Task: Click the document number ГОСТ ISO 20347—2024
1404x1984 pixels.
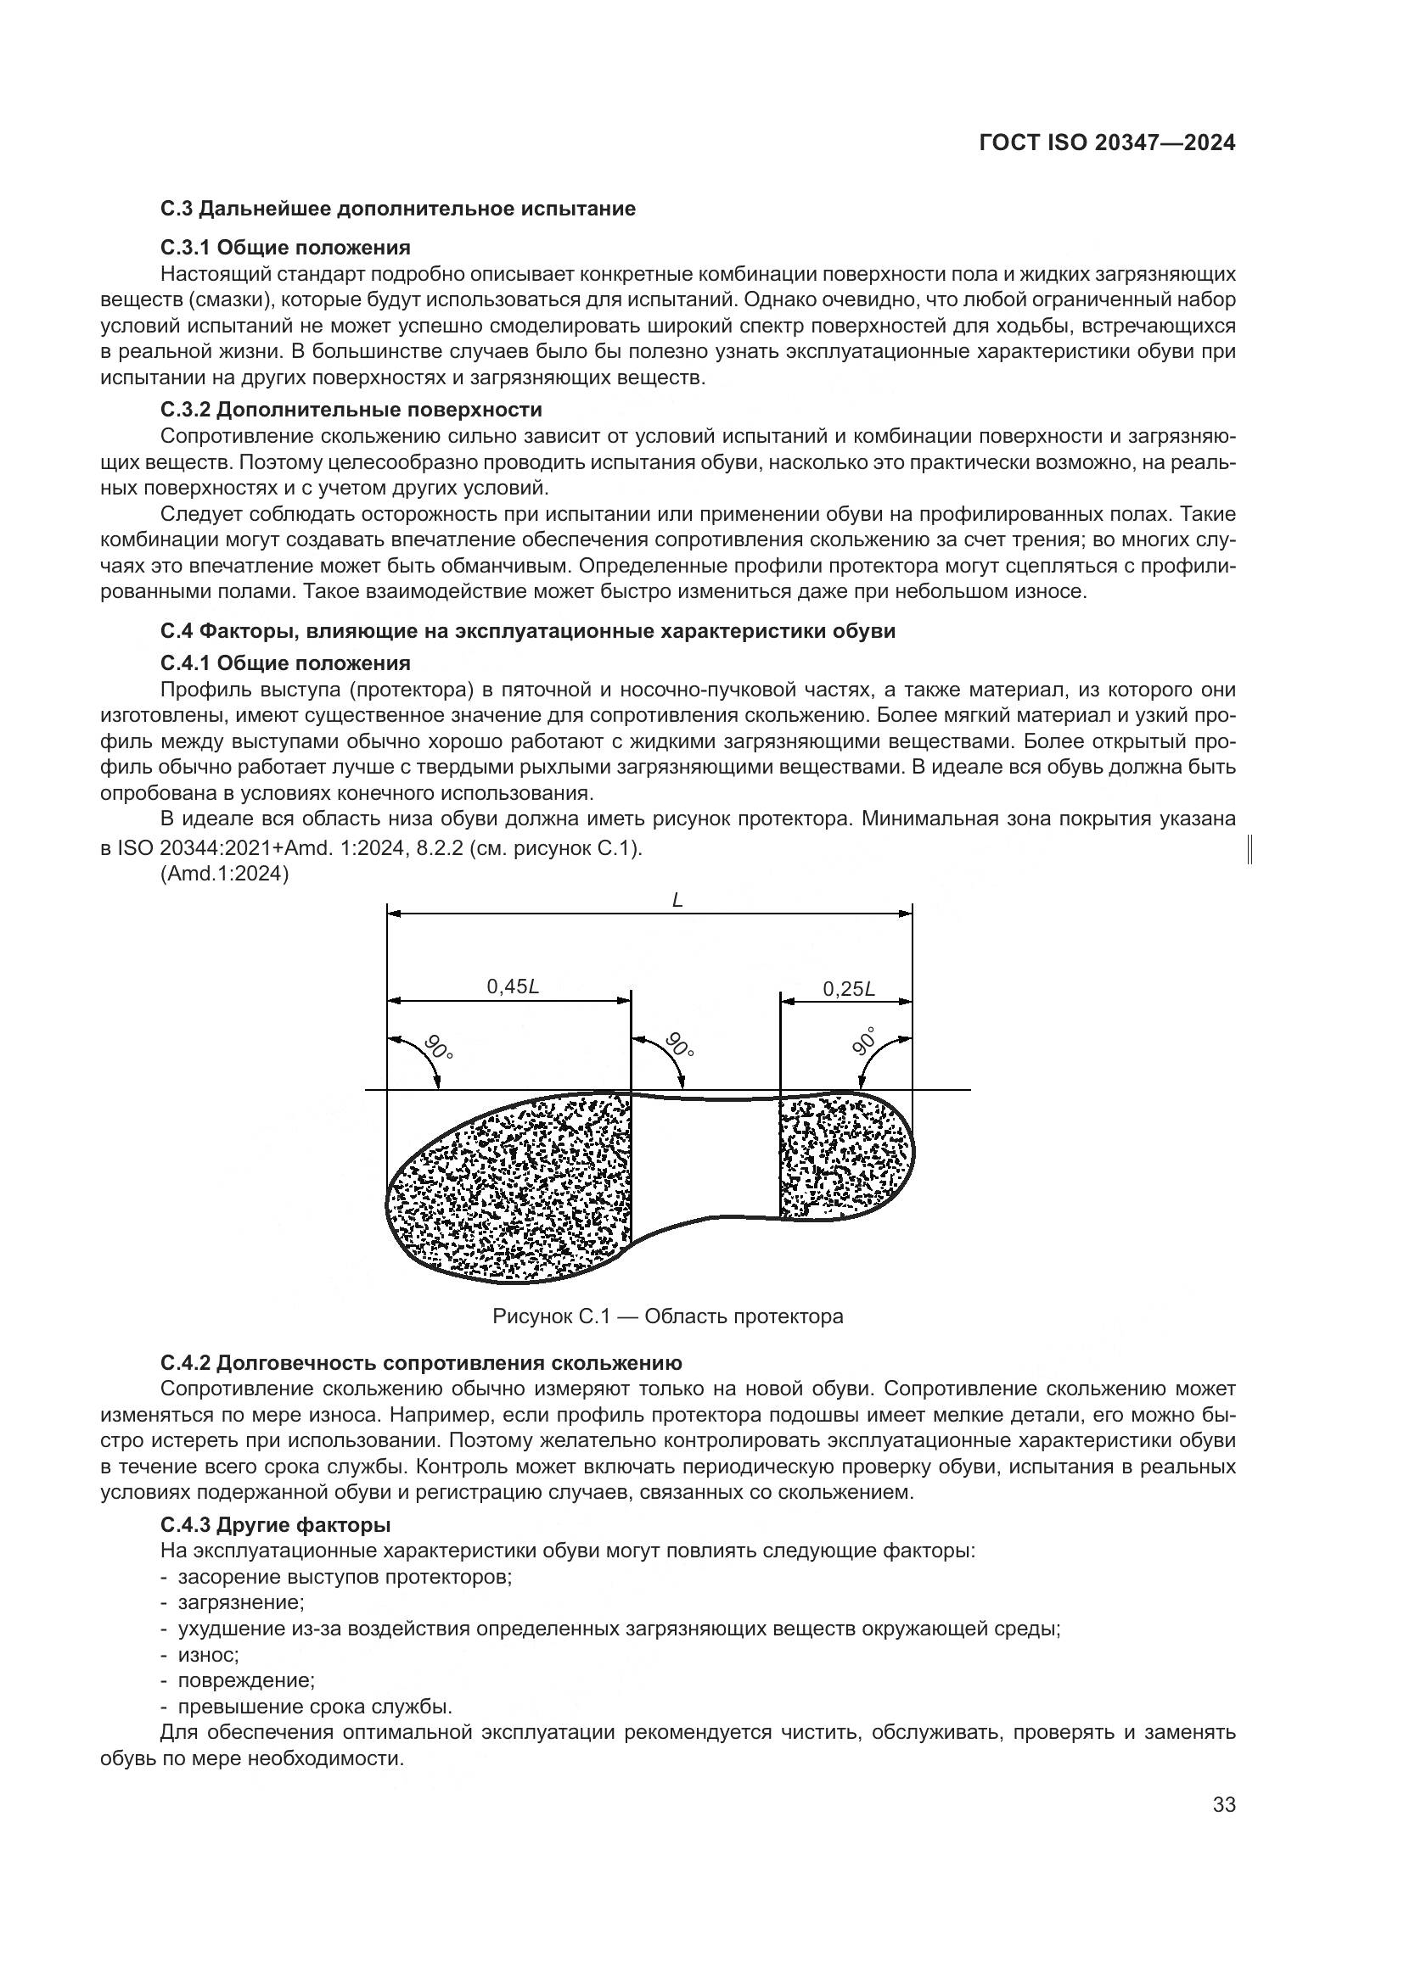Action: coord(1107,143)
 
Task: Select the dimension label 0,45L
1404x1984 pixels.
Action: coord(513,986)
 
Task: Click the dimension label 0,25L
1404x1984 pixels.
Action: coord(848,989)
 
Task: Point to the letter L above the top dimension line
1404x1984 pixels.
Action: coord(677,899)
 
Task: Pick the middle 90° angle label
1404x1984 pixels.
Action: coord(680,1045)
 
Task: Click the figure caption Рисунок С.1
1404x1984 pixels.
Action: coord(667,1317)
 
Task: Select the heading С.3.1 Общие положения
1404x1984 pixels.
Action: coord(285,248)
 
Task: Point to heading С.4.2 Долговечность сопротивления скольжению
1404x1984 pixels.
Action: coord(421,1364)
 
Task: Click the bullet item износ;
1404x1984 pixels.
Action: coord(207,1655)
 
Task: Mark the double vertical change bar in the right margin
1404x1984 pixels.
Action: coord(1251,849)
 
